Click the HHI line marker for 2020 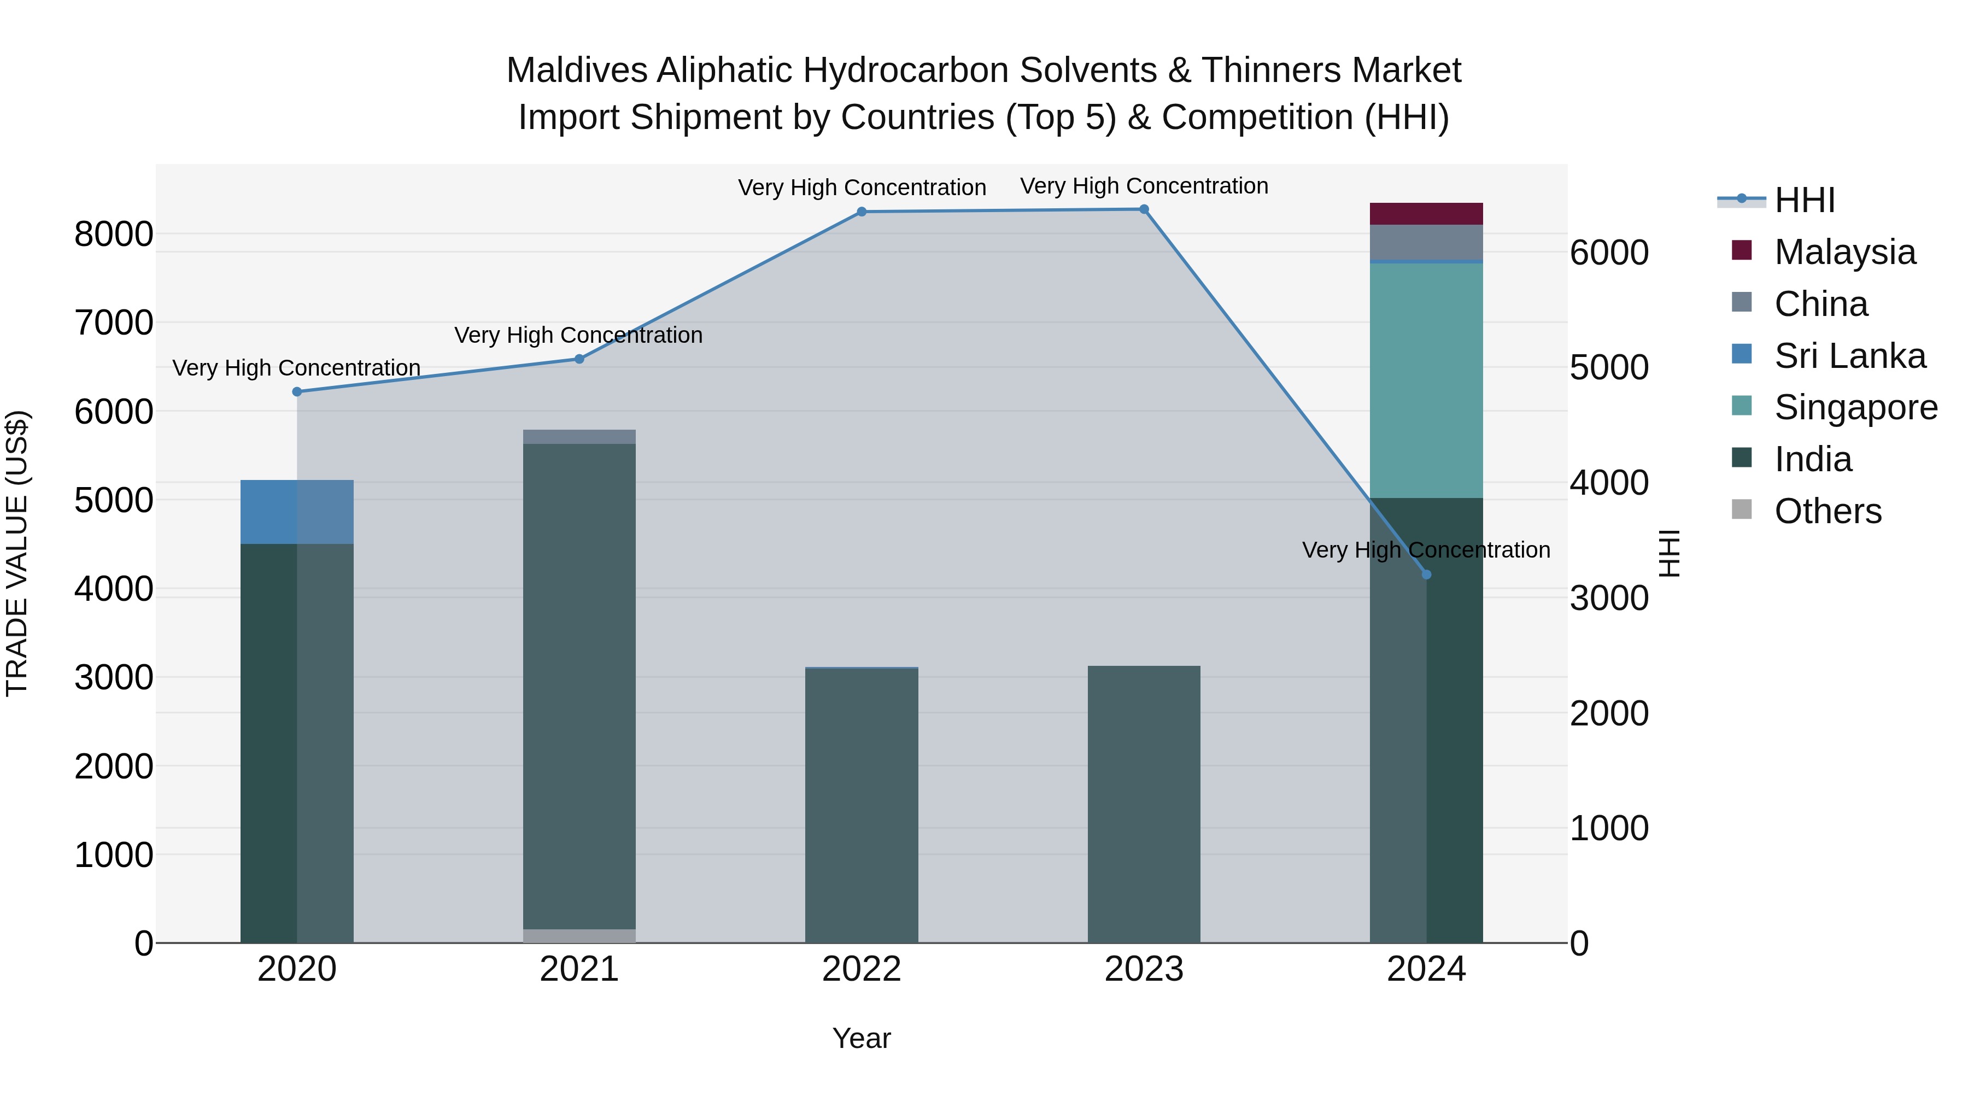(297, 392)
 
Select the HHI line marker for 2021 (579, 359)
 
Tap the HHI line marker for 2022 (862, 212)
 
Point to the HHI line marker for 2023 (1144, 209)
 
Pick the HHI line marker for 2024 (1426, 575)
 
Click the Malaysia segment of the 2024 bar (1426, 214)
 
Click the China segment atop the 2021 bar (579, 437)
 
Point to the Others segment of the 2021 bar (579, 936)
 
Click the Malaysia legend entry (1844, 252)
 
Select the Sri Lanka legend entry (1849, 356)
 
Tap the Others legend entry (1828, 511)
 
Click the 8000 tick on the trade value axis (113, 235)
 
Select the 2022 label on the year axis (862, 969)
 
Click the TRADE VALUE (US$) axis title (17, 553)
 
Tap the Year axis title (862, 1038)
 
